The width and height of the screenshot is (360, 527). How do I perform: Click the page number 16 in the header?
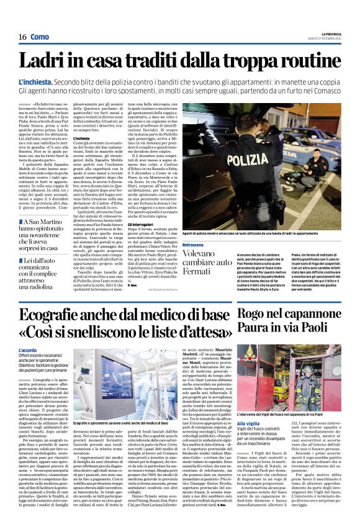click(x=22, y=37)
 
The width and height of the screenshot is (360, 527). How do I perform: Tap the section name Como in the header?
click(x=40, y=37)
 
